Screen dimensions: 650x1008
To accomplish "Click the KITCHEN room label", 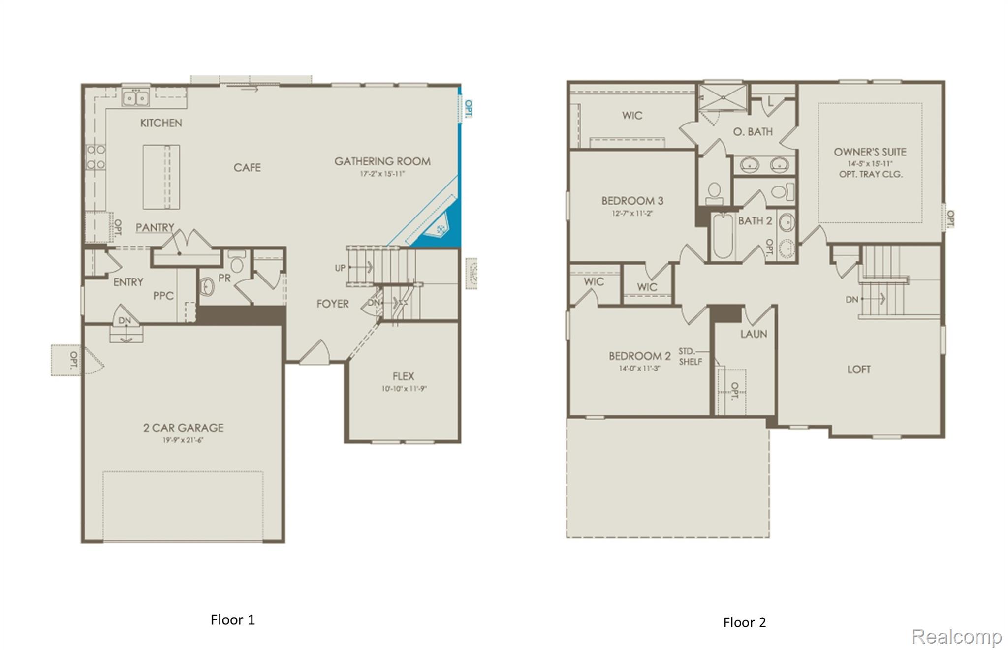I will pyautogui.click(x=161, y=123).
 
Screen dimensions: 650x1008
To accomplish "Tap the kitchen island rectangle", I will pyautogui.click(x=161, y=177).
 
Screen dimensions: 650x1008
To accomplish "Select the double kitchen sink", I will pyautogui.click(x=135, y=98).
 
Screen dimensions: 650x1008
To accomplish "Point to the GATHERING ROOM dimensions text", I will pyautogui.click(x=382, y=174).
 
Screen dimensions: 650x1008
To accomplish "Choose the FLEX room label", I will pyautogui.click(x=403, y=376).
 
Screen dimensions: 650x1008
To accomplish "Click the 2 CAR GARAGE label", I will pyautogui.click(x=183, y=428).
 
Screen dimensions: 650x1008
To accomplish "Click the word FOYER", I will pyautogui.click(x=332, y=304).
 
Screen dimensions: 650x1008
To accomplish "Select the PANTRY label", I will pyautogui.click(x=155, y=227).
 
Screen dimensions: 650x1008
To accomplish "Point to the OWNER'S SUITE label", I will pyautogui.click(x=870, y=152).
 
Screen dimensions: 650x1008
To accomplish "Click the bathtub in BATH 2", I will pyautogui.click(x=723, y=236).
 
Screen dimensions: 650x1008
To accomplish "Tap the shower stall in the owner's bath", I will pyautogui.click(x=723, y=97).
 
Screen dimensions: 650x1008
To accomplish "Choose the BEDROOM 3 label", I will pyautogui.click(x=632, y=201).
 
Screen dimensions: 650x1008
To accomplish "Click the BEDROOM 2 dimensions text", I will pyautogui.click(x=639, y=368).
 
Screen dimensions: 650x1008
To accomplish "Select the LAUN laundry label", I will pyautogui.click(x=754, y=334).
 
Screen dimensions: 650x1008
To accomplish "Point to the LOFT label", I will pyautogui.click(x=858, y=370).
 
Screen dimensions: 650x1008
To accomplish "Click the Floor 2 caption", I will pyautogui.click(x=744, y=622).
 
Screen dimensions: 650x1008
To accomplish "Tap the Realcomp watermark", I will pyautogui.click(x=956, y=636).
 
